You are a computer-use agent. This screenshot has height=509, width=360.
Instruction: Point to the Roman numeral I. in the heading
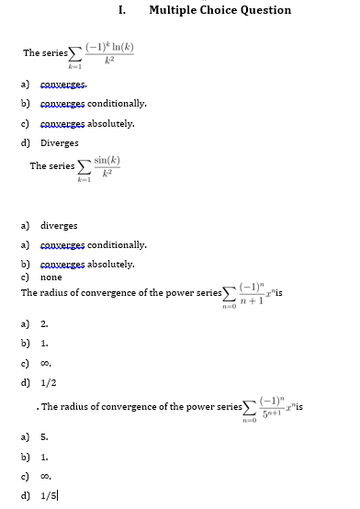click(123, 10)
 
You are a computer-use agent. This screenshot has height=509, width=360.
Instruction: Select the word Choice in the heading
click(220, 10)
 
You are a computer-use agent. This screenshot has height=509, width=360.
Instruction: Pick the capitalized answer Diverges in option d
click(60, 142)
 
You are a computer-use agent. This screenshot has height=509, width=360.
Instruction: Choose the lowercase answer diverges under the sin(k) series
click(59, 225)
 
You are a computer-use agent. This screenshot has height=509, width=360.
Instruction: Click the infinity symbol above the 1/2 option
click(45, 364)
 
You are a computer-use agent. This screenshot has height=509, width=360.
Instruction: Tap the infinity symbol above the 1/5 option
click(45, 478)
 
